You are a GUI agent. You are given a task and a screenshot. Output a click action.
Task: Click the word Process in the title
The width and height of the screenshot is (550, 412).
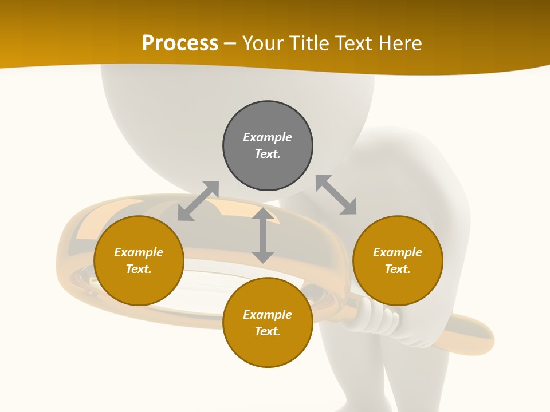(x=180, y=43)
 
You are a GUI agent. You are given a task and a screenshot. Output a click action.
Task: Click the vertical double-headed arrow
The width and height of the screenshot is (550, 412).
(x=263, y=235)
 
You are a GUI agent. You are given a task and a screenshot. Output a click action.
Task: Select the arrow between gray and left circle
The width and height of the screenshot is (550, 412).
(x=198, y=201)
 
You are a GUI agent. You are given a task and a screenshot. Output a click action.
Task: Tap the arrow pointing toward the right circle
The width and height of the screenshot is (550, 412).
(x=336, y=195)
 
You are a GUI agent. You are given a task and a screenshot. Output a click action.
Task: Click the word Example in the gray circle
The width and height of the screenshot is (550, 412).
(x=268, y=137)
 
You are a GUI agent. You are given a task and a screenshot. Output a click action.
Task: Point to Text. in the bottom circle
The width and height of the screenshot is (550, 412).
(x=268, y=331)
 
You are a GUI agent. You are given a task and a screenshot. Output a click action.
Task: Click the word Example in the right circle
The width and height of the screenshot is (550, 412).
(x=398, y=252)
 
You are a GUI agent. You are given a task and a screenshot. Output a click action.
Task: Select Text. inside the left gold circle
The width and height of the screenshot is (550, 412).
(x=139, y=269)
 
